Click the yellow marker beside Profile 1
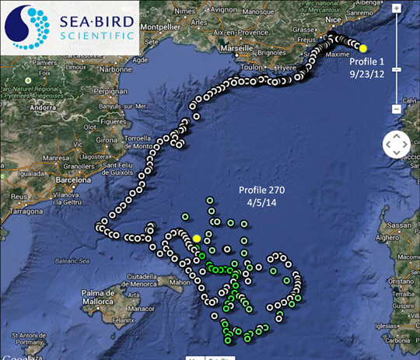(363, 48)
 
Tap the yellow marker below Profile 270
(197, 239)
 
